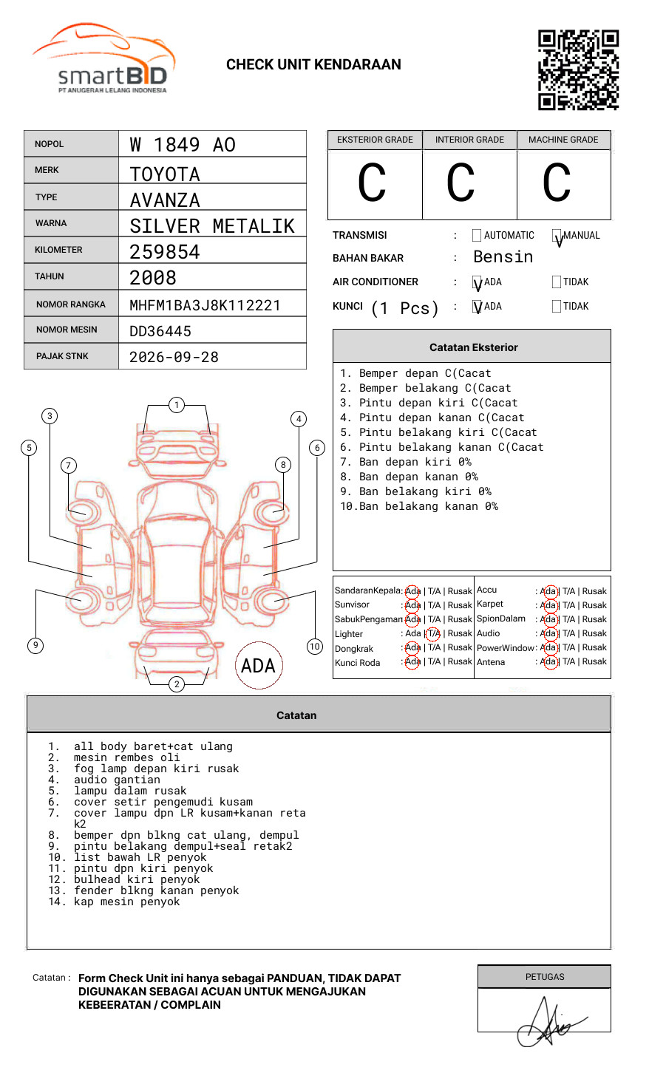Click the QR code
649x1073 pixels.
578,70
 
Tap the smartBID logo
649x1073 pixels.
104,58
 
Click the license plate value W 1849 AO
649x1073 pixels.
183,145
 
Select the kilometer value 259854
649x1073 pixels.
164,252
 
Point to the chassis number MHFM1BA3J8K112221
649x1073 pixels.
205,305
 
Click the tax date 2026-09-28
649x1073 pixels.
174,357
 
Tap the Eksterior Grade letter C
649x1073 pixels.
372,183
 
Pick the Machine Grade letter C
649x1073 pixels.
557,183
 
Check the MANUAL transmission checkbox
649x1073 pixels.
557,235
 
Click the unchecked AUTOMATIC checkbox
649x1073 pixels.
477,235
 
